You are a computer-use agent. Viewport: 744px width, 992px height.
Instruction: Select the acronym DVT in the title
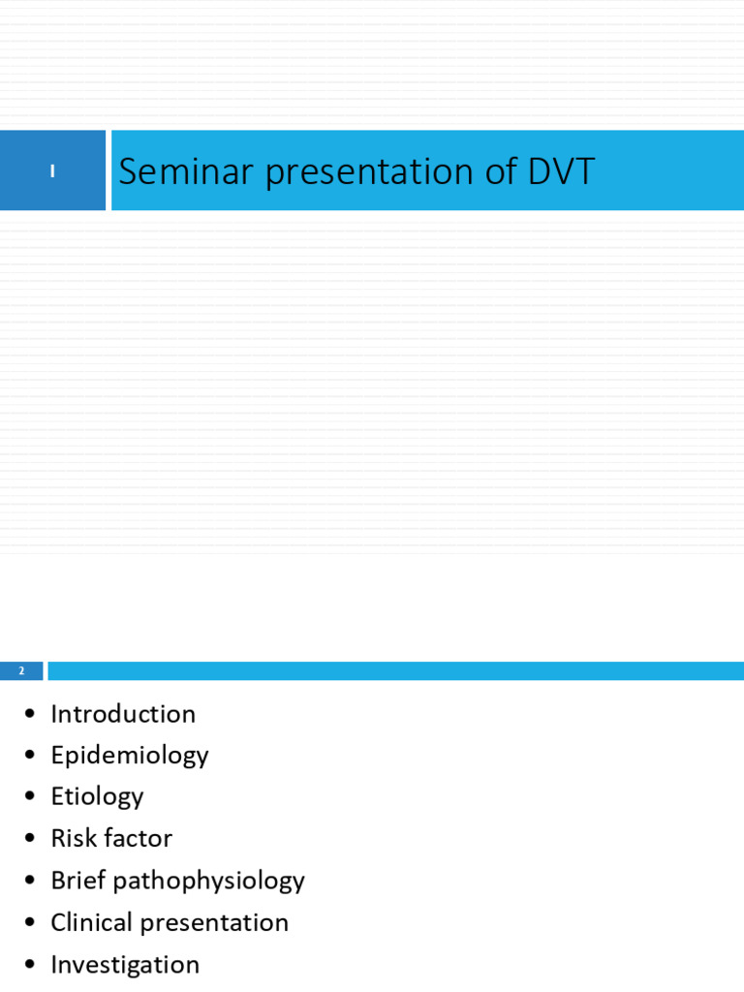561,171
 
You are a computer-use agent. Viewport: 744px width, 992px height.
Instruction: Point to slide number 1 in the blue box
52,171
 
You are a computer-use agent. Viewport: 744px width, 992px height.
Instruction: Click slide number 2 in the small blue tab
21,671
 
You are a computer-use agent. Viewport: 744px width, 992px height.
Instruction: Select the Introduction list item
123,714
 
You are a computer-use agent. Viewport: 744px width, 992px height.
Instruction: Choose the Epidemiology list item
129,756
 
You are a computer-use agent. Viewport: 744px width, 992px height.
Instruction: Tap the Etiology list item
97,797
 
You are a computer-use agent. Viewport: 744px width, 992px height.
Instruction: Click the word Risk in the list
72,839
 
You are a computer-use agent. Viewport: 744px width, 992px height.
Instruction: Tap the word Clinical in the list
91,922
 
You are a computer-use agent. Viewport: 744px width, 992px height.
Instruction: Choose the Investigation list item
125,965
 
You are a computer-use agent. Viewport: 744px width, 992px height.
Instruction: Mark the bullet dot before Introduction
30,715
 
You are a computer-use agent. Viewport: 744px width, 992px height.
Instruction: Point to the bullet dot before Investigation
30,965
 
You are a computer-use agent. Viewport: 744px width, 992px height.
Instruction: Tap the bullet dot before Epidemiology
30,756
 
